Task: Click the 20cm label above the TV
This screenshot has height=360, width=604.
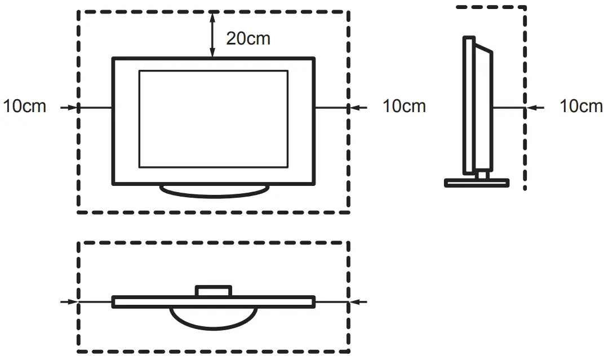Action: (248, 38)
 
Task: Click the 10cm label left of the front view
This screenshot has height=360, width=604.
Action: (24, 106)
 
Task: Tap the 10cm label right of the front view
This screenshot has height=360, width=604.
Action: (404, 106)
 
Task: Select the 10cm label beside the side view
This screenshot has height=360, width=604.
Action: (581, 106)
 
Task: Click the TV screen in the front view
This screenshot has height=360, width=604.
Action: (213, 118)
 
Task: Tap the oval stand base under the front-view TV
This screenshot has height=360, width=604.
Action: (213, 191)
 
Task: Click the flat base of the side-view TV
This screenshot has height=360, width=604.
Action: (477, 183)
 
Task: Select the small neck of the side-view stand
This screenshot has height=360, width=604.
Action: (482, 175)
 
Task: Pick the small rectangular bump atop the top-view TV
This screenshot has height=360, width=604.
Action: (213, 290)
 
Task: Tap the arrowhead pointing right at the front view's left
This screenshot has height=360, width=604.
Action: (72, 106)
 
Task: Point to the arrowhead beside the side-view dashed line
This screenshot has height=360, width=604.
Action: (531, 106)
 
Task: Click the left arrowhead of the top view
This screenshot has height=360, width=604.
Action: (72, 302)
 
